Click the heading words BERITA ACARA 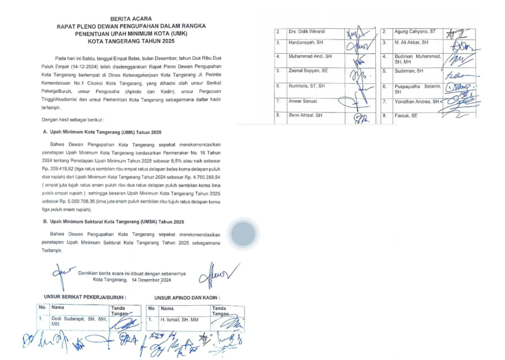pos(131,18)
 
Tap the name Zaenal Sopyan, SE pos(308,71)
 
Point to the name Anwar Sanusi pos(304,101)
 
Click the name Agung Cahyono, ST pos(406,32)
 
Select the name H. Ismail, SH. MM pos(180,320)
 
